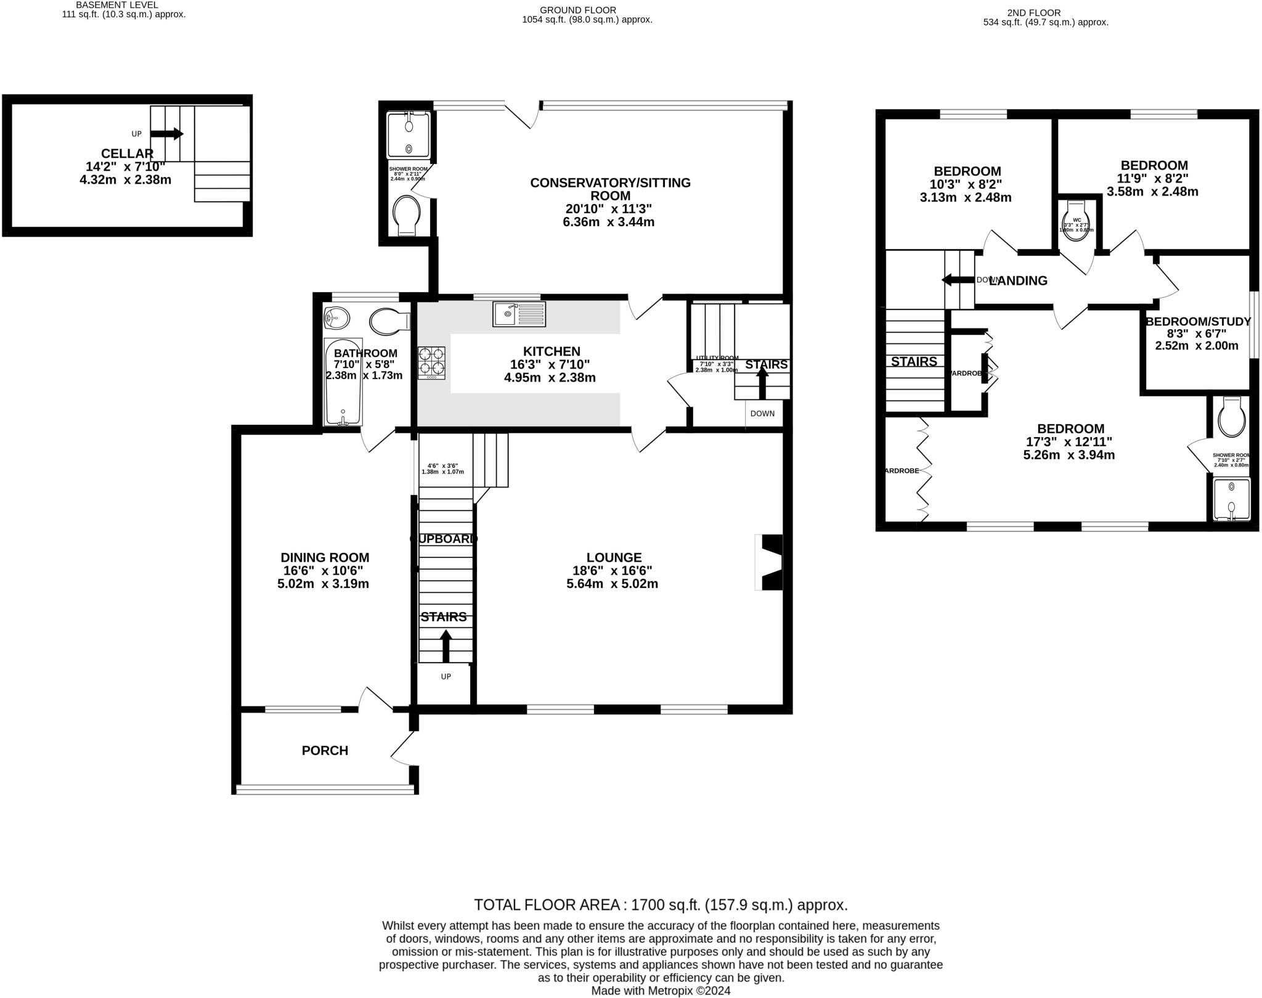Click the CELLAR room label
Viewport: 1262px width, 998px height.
127,153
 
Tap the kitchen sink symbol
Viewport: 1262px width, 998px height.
519,314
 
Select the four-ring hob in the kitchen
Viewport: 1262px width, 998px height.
431,362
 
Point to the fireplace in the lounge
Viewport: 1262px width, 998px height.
770,562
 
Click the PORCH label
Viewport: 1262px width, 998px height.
325,750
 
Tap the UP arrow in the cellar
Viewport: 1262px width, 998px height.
166,134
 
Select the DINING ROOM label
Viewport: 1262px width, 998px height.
325,557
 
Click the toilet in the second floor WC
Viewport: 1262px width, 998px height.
1077,224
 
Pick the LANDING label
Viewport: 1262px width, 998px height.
1018,280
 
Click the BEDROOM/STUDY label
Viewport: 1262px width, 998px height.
1197,321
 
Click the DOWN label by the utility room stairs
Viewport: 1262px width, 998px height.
762,414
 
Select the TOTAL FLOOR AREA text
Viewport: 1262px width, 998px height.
661,905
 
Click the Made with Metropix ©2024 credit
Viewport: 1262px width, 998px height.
661,991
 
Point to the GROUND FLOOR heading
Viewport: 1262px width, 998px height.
577,10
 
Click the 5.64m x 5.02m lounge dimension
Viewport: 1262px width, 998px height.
612,584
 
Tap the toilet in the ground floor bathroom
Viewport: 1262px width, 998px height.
390,321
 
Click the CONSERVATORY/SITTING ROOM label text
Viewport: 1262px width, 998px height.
610,189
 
